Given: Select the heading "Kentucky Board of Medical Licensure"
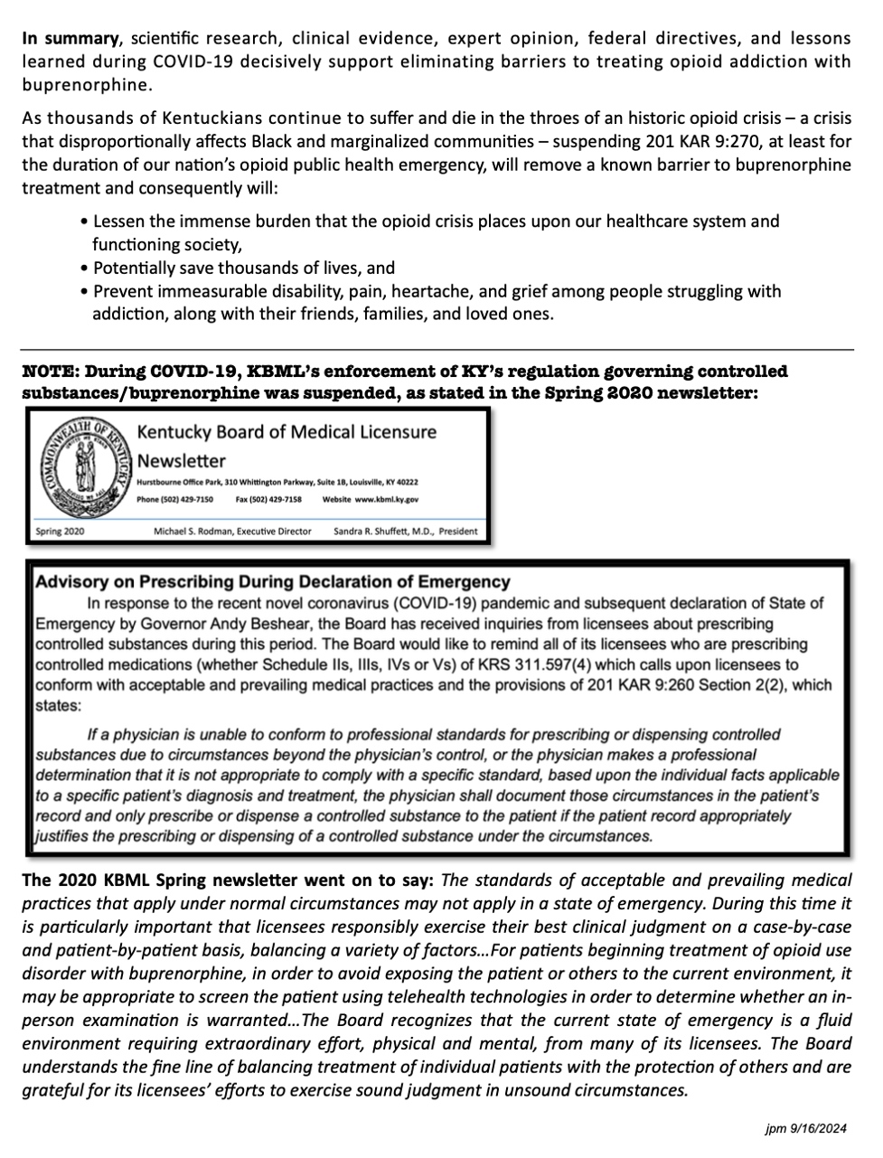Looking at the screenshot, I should click(286, 432).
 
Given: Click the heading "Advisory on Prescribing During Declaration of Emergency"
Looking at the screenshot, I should click(272, 582).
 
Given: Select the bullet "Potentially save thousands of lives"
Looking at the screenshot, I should click(240, 268).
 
